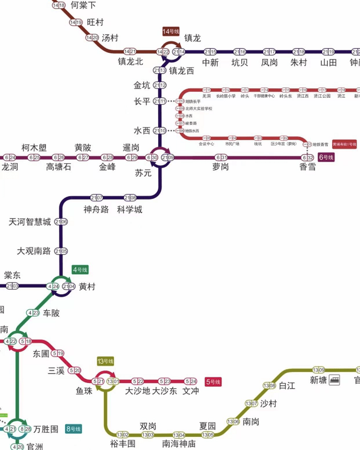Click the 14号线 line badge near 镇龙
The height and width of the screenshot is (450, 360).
click(170, 31)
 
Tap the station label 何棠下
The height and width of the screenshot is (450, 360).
click(83, 6)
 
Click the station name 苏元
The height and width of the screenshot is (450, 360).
click(143, 173)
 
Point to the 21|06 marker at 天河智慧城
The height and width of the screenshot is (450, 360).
click(61, 222)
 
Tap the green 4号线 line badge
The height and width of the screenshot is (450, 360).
click(80, 269)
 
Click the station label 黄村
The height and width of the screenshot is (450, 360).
click(87, 287)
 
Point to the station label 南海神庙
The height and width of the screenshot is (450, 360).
click(178, 444)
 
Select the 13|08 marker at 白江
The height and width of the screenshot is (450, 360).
click(269, 386)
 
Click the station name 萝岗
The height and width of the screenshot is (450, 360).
click(220, 167)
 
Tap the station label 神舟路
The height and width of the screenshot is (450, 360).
click(96, 210)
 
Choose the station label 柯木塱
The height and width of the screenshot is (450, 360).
click(34, 148)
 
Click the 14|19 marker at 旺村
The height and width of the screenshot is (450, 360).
click(76, 22)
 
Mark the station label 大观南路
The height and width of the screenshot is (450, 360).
click(34, 251)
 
